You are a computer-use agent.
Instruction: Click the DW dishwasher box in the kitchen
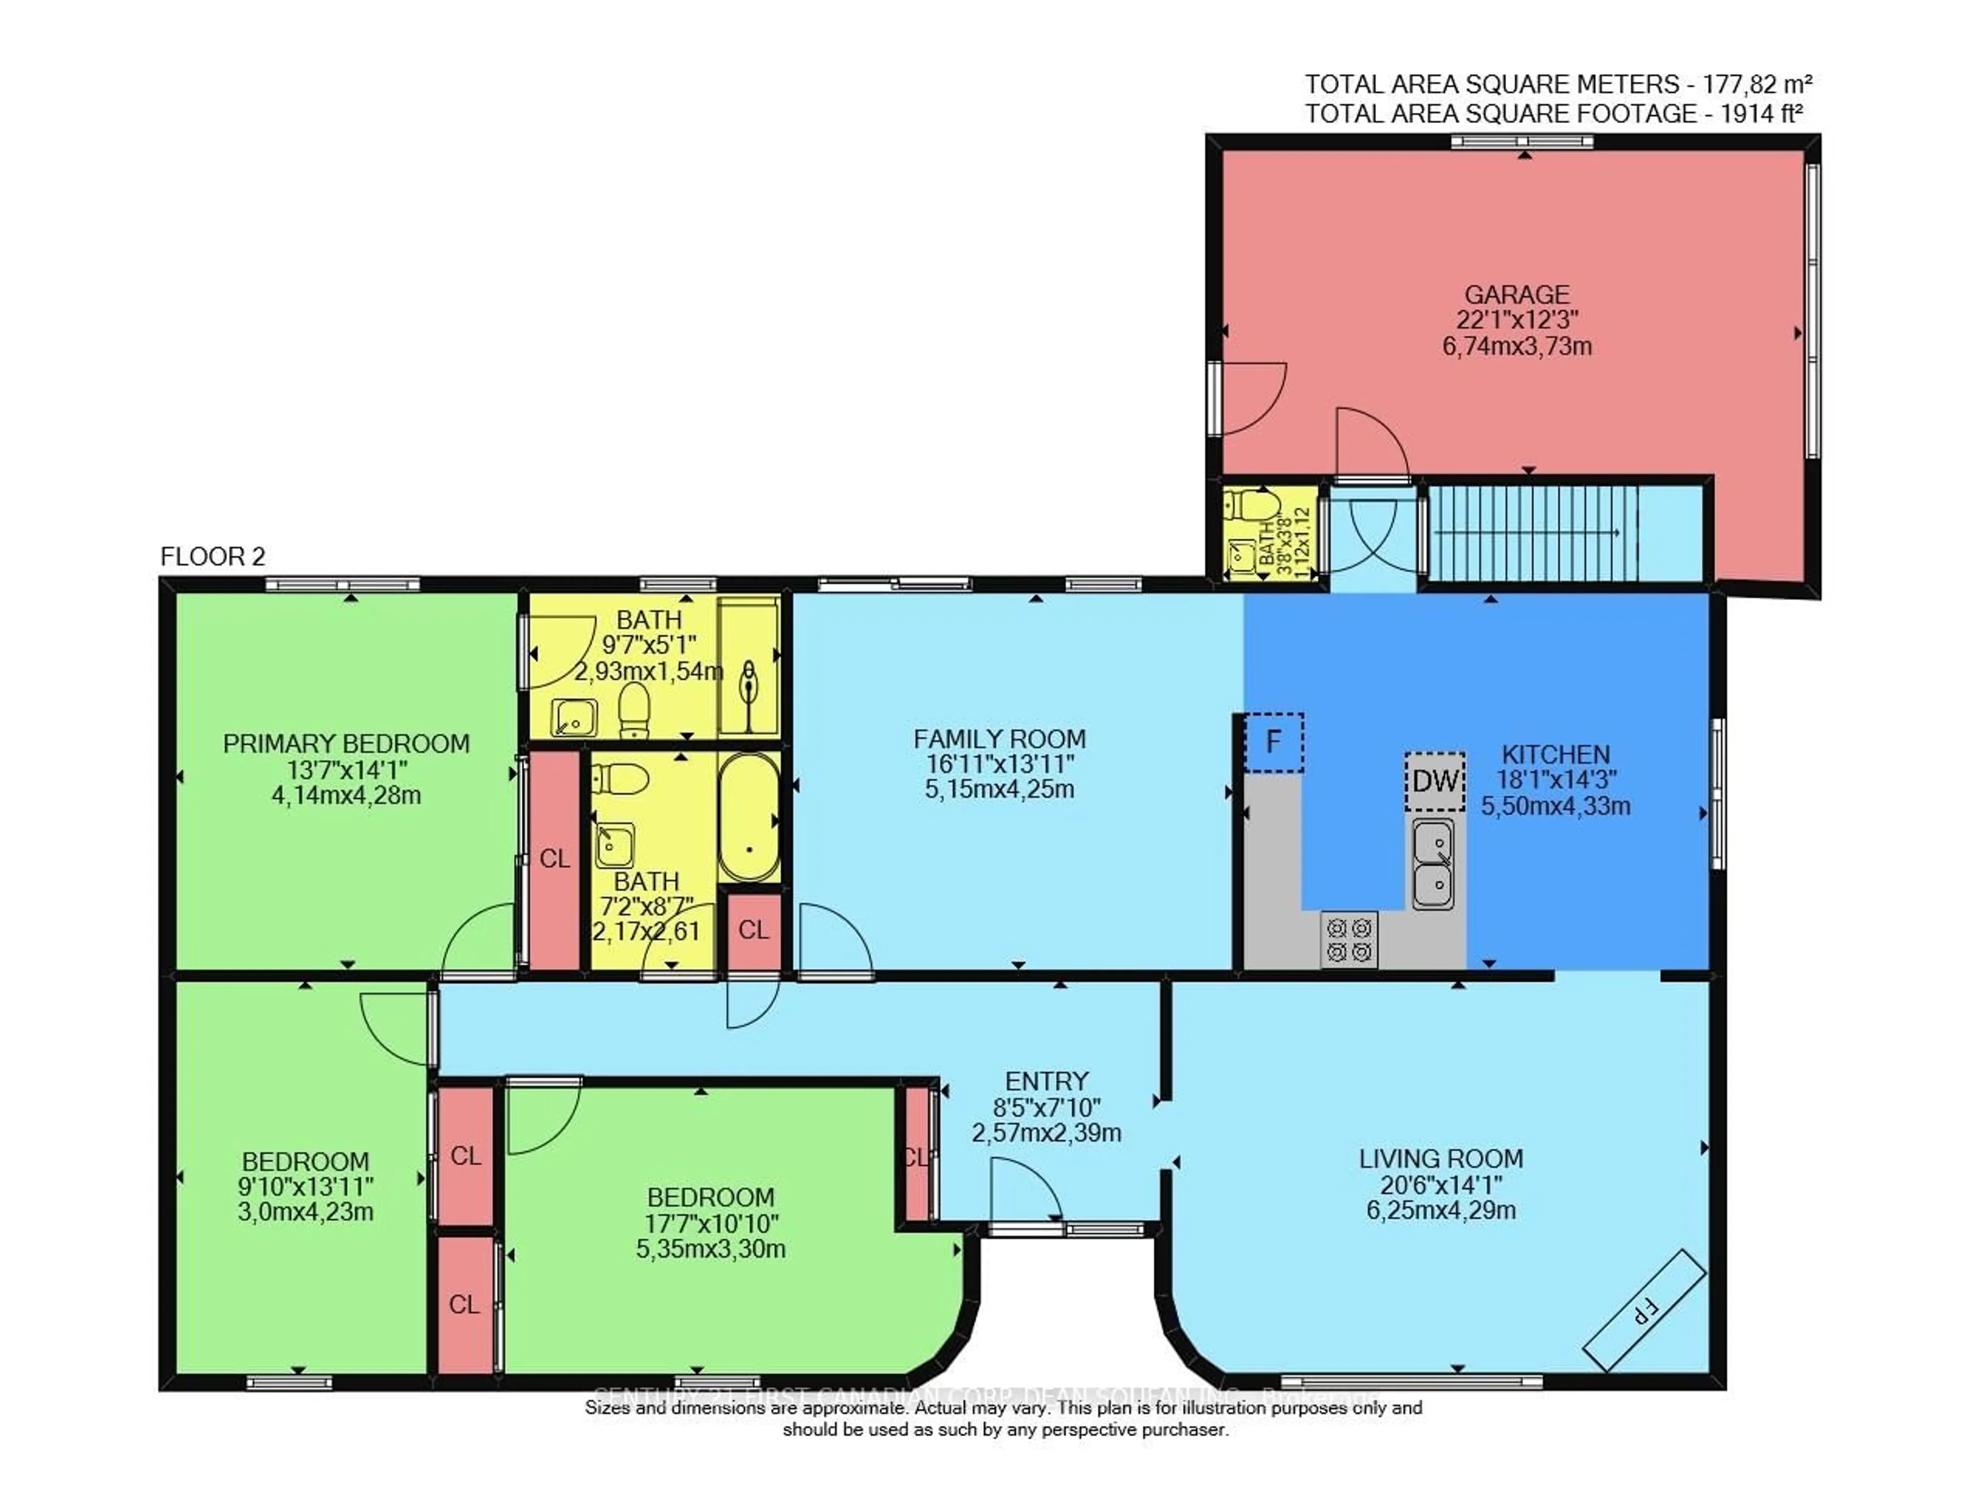click(1435, 781)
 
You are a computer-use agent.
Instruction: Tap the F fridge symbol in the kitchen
click(1273, 742)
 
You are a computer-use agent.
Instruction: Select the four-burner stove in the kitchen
click(1348, 940)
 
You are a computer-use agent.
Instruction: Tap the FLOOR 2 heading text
click(213, 557)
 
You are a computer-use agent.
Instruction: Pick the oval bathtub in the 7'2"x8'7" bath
click(749, 818)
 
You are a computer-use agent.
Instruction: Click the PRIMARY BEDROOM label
click(346, 744)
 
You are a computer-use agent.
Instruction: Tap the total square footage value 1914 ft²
click(1762, 114)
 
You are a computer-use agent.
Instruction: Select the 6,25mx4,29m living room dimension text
click(1440, 1210)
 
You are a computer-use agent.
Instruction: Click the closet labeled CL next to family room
click(754, 930)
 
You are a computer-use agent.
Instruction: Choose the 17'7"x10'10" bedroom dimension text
click(711, 1223)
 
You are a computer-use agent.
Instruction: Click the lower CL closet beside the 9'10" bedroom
click(464, 1304)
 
